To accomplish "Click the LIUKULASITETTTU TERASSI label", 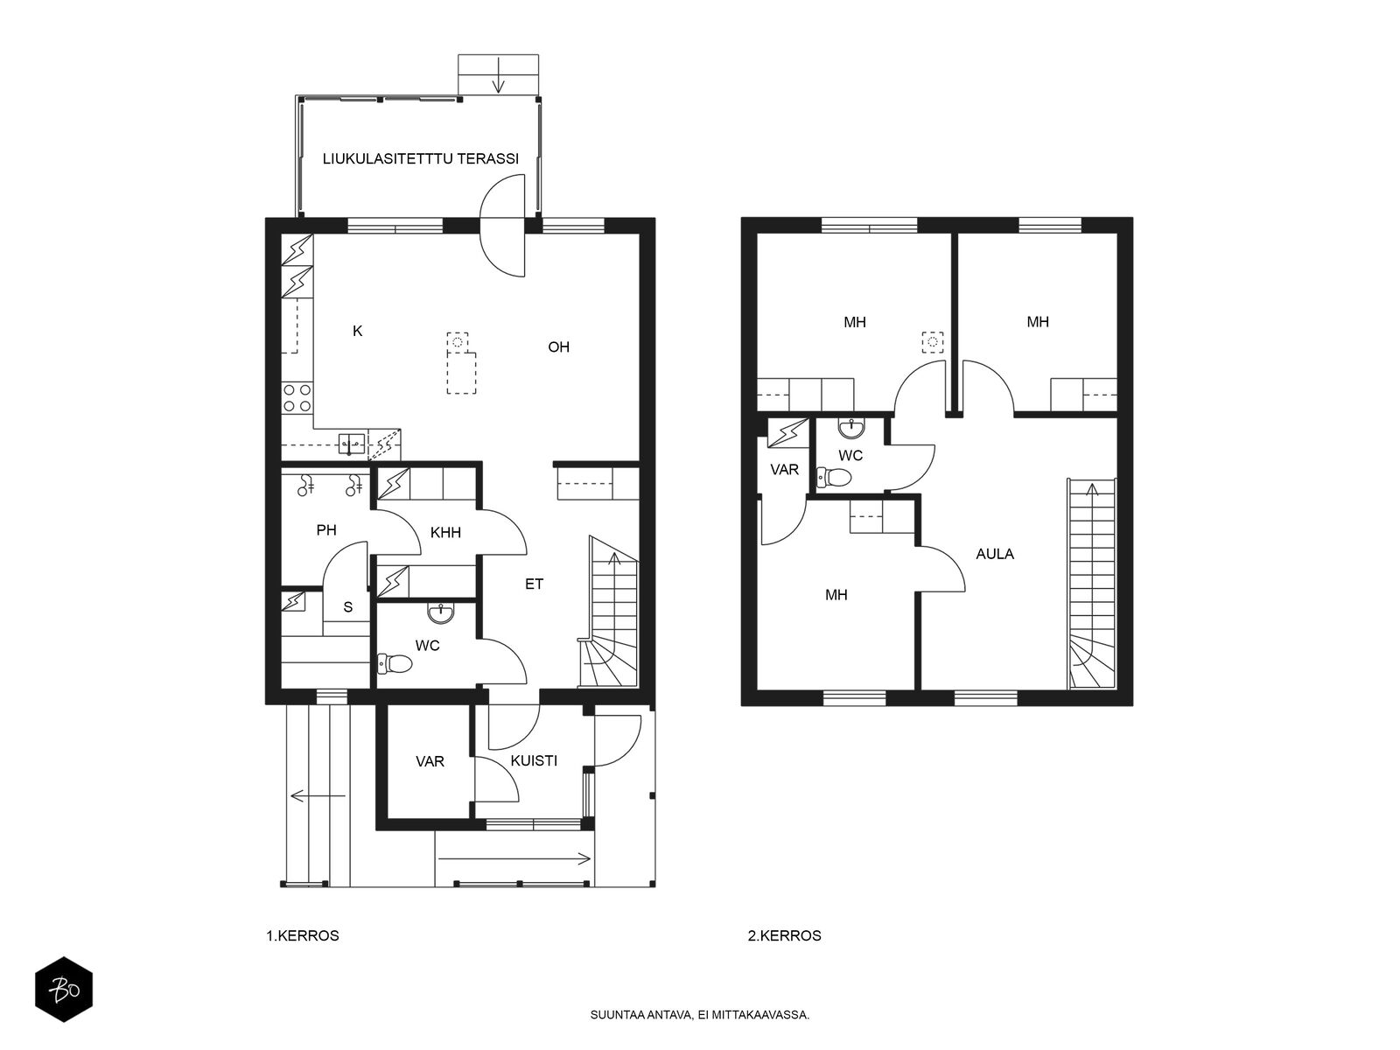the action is click(420, 158).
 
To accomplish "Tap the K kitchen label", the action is click(358, 331).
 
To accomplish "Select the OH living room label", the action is click(559, 346).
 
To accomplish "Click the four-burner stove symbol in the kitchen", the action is click(297, 398).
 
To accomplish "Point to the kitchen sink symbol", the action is click(352, 443).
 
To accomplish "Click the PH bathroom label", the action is click(326, 529).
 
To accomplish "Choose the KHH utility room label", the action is click(445, 532).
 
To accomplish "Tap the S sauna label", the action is click(347, 607).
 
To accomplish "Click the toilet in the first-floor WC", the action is click(395, 663).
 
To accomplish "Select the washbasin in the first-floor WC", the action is click(441, 614).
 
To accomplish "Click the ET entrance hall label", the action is click(534, 584).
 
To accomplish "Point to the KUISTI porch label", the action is click(534, 760).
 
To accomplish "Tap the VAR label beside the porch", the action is click(430, 761).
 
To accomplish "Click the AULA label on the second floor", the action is click(995, 554).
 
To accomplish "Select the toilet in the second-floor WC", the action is click(834, 477).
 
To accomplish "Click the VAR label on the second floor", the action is click(785, 470).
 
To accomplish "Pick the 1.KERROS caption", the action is click(303, 936).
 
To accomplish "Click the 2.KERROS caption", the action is click(785, 936).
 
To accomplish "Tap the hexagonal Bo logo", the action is click(64, 990).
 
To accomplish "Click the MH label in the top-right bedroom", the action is click(1038, 322).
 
